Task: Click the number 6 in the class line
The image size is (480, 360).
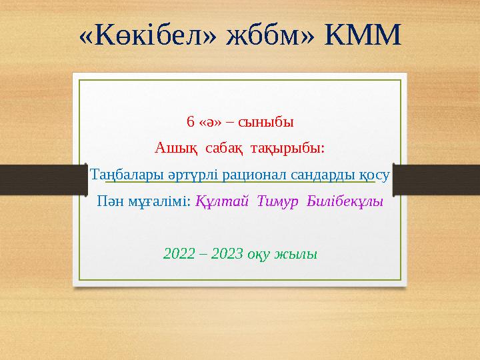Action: click(x=191, y=123)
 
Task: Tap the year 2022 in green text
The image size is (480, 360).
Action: click(x=178, y=253)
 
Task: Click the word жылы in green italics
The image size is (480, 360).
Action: click(x=301, y=253)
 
